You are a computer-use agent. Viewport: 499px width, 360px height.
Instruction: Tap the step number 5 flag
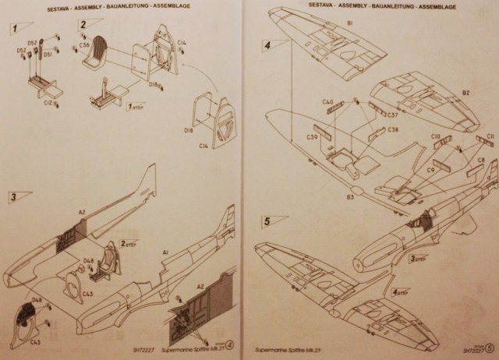point(269,221)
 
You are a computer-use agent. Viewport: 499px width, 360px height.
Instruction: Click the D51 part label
point(48,55)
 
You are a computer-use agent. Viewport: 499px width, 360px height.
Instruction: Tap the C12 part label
point(48,101)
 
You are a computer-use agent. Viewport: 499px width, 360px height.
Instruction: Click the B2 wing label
point(465,93)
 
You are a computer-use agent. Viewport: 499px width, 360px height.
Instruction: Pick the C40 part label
point(327,102)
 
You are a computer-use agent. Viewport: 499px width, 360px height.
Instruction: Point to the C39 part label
point(312,137)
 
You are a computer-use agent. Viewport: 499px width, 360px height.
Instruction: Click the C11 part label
point(490,137)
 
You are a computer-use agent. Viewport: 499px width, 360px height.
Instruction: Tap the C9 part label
point(430,170)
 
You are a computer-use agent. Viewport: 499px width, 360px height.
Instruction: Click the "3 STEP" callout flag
point(418,259)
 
